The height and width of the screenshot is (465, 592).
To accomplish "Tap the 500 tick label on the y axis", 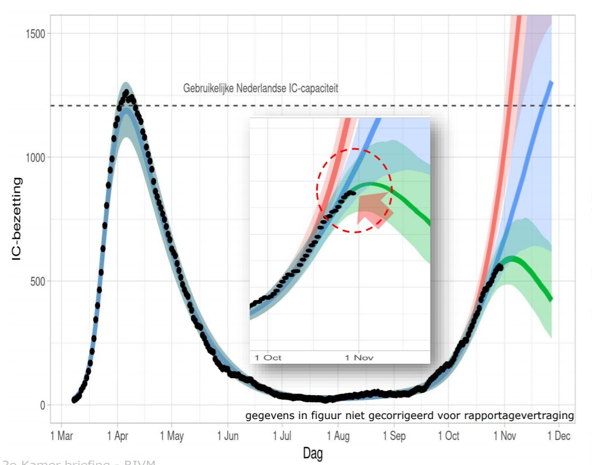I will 37,281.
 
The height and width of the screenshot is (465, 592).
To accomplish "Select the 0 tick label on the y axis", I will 42,405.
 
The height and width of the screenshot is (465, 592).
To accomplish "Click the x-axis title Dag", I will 313,453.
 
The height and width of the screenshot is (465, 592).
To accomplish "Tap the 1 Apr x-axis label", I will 117,436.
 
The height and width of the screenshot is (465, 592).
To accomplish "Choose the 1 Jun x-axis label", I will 228,436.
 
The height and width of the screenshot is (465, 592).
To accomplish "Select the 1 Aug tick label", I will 339,436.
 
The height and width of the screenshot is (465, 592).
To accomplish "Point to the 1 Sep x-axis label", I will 394,436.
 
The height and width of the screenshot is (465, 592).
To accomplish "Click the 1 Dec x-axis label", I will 558,436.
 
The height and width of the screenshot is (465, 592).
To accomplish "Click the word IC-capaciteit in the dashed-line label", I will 309,88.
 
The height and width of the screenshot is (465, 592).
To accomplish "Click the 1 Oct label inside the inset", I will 268,357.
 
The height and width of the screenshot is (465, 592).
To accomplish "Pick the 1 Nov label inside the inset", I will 359,357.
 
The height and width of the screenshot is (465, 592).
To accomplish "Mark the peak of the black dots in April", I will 126,93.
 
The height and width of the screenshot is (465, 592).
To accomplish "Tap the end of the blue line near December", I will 551,82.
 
